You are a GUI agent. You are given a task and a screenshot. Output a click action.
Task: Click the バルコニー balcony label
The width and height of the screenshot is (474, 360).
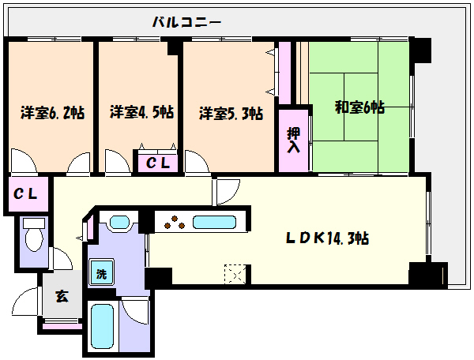click(x=186, y=22)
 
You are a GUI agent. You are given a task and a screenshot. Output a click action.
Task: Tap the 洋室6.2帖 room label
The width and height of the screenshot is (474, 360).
click(x=52, y=113)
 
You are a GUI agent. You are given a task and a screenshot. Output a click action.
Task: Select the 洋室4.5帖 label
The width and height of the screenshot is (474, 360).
click(x=141, y=112)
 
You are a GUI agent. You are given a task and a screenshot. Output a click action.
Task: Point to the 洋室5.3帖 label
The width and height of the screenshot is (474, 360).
click(x=231, y=114)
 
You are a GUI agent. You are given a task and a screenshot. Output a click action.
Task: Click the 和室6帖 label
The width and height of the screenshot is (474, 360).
click(x=359, y=107)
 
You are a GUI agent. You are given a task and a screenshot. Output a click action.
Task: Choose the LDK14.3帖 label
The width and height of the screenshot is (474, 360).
click(x=327, y=238)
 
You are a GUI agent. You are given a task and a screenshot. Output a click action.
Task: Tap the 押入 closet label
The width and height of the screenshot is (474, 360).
click(x=293, y=140)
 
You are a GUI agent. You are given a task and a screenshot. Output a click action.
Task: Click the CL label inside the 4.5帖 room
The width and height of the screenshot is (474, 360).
click(x=157, y=163)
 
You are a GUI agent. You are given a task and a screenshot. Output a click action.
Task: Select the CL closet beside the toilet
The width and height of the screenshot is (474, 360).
click(x=26, y=194)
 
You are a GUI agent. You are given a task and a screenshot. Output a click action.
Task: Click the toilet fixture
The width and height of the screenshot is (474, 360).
click(x=34, y=235)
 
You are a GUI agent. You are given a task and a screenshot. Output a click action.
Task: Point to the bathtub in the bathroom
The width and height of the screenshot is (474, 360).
click(x=102, y=326)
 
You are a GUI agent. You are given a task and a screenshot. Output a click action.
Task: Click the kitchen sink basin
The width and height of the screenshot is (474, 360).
click(x=214, y=223)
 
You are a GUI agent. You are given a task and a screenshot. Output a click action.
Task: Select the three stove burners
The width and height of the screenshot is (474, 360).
click(x=175, y=222)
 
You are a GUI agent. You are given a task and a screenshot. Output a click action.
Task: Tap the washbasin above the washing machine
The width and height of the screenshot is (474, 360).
click(x=120, y=223)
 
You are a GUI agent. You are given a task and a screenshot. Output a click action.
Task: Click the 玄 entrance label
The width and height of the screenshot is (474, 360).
click(x=62, y=296)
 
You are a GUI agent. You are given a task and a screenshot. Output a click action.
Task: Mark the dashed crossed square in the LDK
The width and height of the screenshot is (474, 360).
click(x=235, y=274)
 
